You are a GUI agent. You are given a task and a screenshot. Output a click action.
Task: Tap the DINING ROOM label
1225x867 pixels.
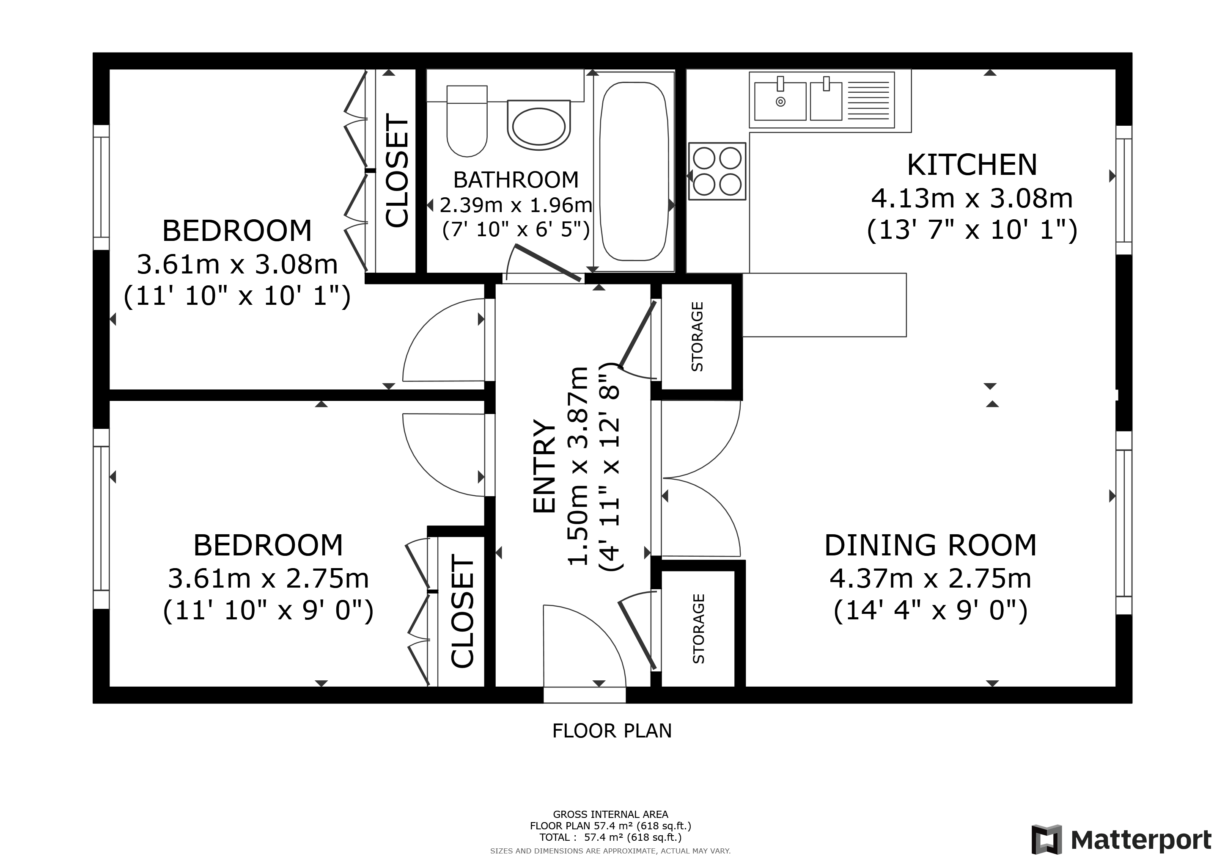tap(931, 545)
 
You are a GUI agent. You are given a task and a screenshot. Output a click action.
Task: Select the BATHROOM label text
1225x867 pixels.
tap(516, 180)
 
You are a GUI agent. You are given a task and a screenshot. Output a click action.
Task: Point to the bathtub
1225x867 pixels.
tap(634, 171)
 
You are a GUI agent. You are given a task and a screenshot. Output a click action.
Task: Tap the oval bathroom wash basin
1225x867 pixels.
tap(539, 125)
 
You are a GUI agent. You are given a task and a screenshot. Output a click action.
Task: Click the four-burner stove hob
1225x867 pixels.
tap(717, 171)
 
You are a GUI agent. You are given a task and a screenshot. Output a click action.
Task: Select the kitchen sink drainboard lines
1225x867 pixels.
tap(868, 100)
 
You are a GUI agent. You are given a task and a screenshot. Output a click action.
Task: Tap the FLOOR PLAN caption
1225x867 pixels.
tap(612, 731)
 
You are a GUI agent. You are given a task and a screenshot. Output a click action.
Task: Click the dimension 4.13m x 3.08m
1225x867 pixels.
tap(972, 199)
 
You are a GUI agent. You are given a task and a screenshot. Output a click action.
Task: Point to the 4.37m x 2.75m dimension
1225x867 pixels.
tap(931, 579)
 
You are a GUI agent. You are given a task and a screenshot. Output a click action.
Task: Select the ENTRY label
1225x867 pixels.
tap(545, 467)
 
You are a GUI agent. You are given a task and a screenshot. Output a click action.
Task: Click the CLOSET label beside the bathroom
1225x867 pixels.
tap(396, 170)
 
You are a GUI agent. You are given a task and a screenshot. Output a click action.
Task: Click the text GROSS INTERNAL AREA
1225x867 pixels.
tap(610, 814)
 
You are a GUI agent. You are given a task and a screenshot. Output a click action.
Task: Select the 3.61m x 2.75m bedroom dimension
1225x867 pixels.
tap(268, 579)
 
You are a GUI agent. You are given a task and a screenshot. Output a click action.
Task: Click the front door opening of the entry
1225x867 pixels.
tap(585, 695)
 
